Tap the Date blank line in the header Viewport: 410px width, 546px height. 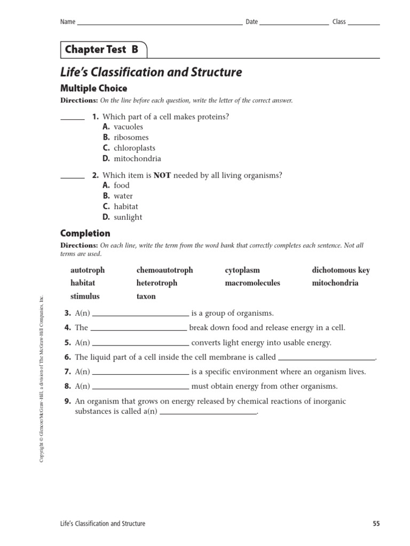pyautogui.click(x=294, y=23)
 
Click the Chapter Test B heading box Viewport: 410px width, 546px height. pyautogui.click(x=102, y=50)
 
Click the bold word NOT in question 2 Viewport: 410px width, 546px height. pyautogui.click(x=162, y=175)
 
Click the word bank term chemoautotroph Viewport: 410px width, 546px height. pyautogui.click(x=164, y=270)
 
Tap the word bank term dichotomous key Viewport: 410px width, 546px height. pyautogui.click(x=341, y=270)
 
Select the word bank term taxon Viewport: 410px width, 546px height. pyautogui.click(x=146, y=296)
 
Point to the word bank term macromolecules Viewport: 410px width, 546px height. pyautogui.click(x=252, y=283)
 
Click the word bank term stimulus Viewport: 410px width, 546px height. pyautogui.click(x=85, y=296)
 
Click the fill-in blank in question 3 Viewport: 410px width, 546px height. pyautogui.click(x=140, y=316)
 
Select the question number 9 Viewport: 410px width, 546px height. pyautogui.click(x=68, y=402)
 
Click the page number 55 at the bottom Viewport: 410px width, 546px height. pyautogui.click(x=376, y=524)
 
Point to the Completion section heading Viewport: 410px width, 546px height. pyautogui.click(x=85, y=234)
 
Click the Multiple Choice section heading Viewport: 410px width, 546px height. pyautogui.click(x=93, y=89)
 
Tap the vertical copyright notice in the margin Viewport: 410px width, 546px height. pyautogui.click(x=42, y=378)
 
